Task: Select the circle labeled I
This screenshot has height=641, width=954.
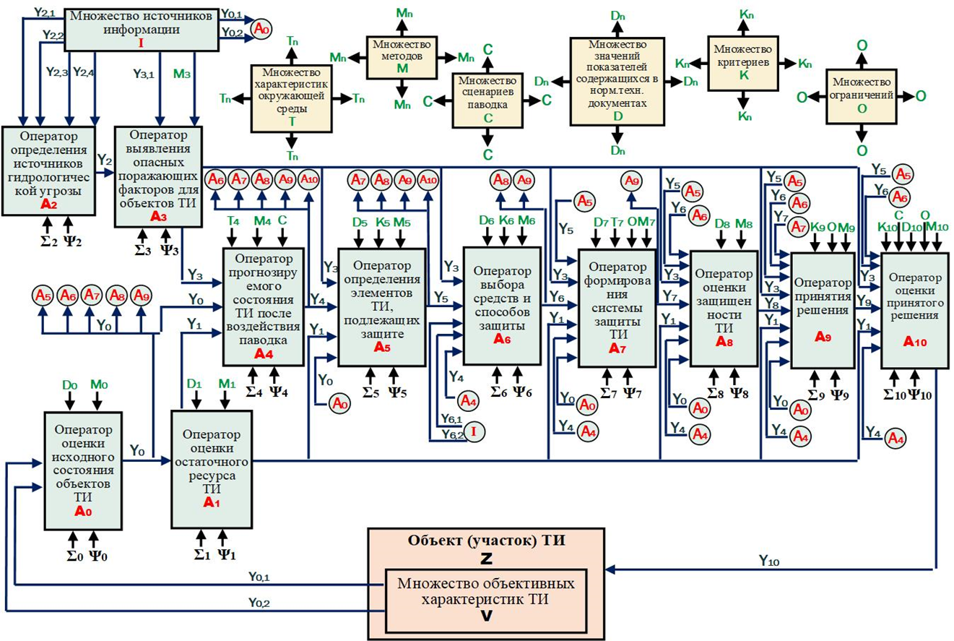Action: coord(474,431)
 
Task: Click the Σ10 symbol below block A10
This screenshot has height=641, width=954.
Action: coord(896,395)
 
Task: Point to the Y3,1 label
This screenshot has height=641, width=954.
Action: coord(147,74)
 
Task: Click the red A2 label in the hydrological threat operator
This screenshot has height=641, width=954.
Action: coord(48,205)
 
